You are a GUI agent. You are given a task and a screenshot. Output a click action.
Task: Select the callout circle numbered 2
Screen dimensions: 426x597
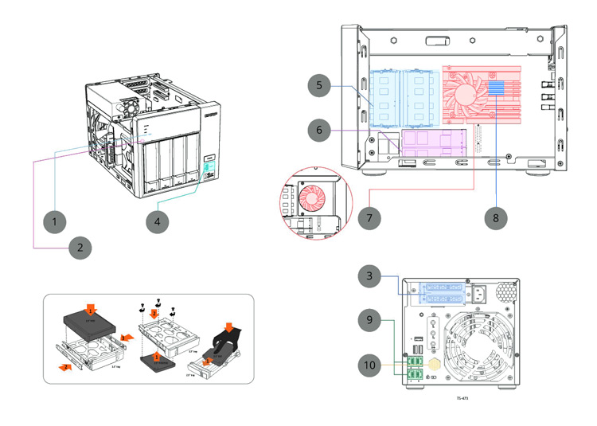click(80, 247)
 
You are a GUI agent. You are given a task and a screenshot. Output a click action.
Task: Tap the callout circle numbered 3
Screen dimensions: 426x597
click(369, 276)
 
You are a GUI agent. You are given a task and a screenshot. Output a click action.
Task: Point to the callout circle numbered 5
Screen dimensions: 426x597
click(318, 84)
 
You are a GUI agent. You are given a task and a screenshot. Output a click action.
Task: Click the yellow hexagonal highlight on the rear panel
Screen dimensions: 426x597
click(435, 361)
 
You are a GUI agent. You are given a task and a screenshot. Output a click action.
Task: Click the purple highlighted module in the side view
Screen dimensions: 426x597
click(434, 142)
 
